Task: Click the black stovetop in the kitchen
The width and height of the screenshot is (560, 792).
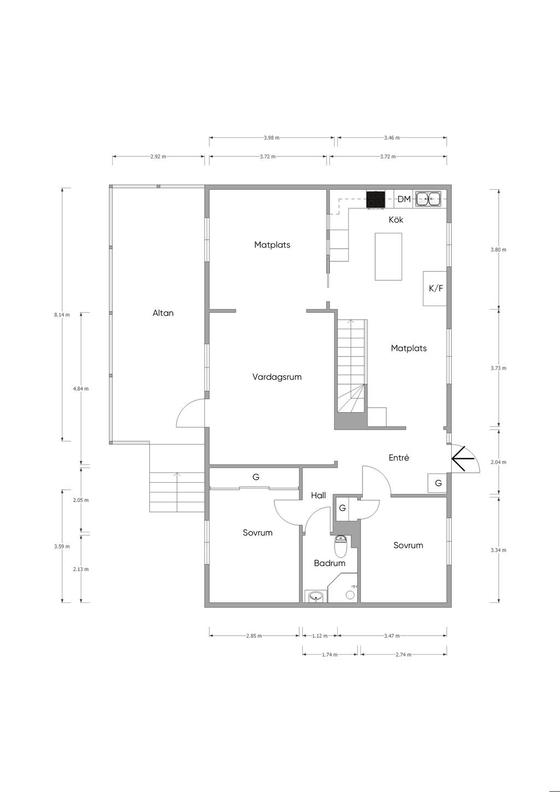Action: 375,200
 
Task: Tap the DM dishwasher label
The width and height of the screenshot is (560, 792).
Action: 404,199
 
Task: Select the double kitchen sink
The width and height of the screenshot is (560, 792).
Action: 428,199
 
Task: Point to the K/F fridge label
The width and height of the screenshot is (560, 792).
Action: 435,288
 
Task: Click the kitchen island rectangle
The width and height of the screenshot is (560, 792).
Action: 388,256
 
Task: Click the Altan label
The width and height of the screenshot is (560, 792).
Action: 163,313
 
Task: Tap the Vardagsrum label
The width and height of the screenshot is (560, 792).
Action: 277,377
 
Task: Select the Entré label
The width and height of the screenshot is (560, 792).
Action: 399,457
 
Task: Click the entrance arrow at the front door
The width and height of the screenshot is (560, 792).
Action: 462,459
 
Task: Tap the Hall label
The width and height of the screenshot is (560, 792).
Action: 318,495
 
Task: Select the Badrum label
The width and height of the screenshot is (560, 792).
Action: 329,563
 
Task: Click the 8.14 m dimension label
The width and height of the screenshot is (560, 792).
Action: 62,315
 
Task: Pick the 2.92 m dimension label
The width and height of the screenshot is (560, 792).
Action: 158,157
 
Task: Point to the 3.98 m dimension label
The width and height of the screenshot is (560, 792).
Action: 271,138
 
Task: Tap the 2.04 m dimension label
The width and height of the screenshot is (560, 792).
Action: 498,462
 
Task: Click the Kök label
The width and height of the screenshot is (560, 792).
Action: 396,220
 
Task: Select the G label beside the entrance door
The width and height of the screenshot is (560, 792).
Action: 438,483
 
